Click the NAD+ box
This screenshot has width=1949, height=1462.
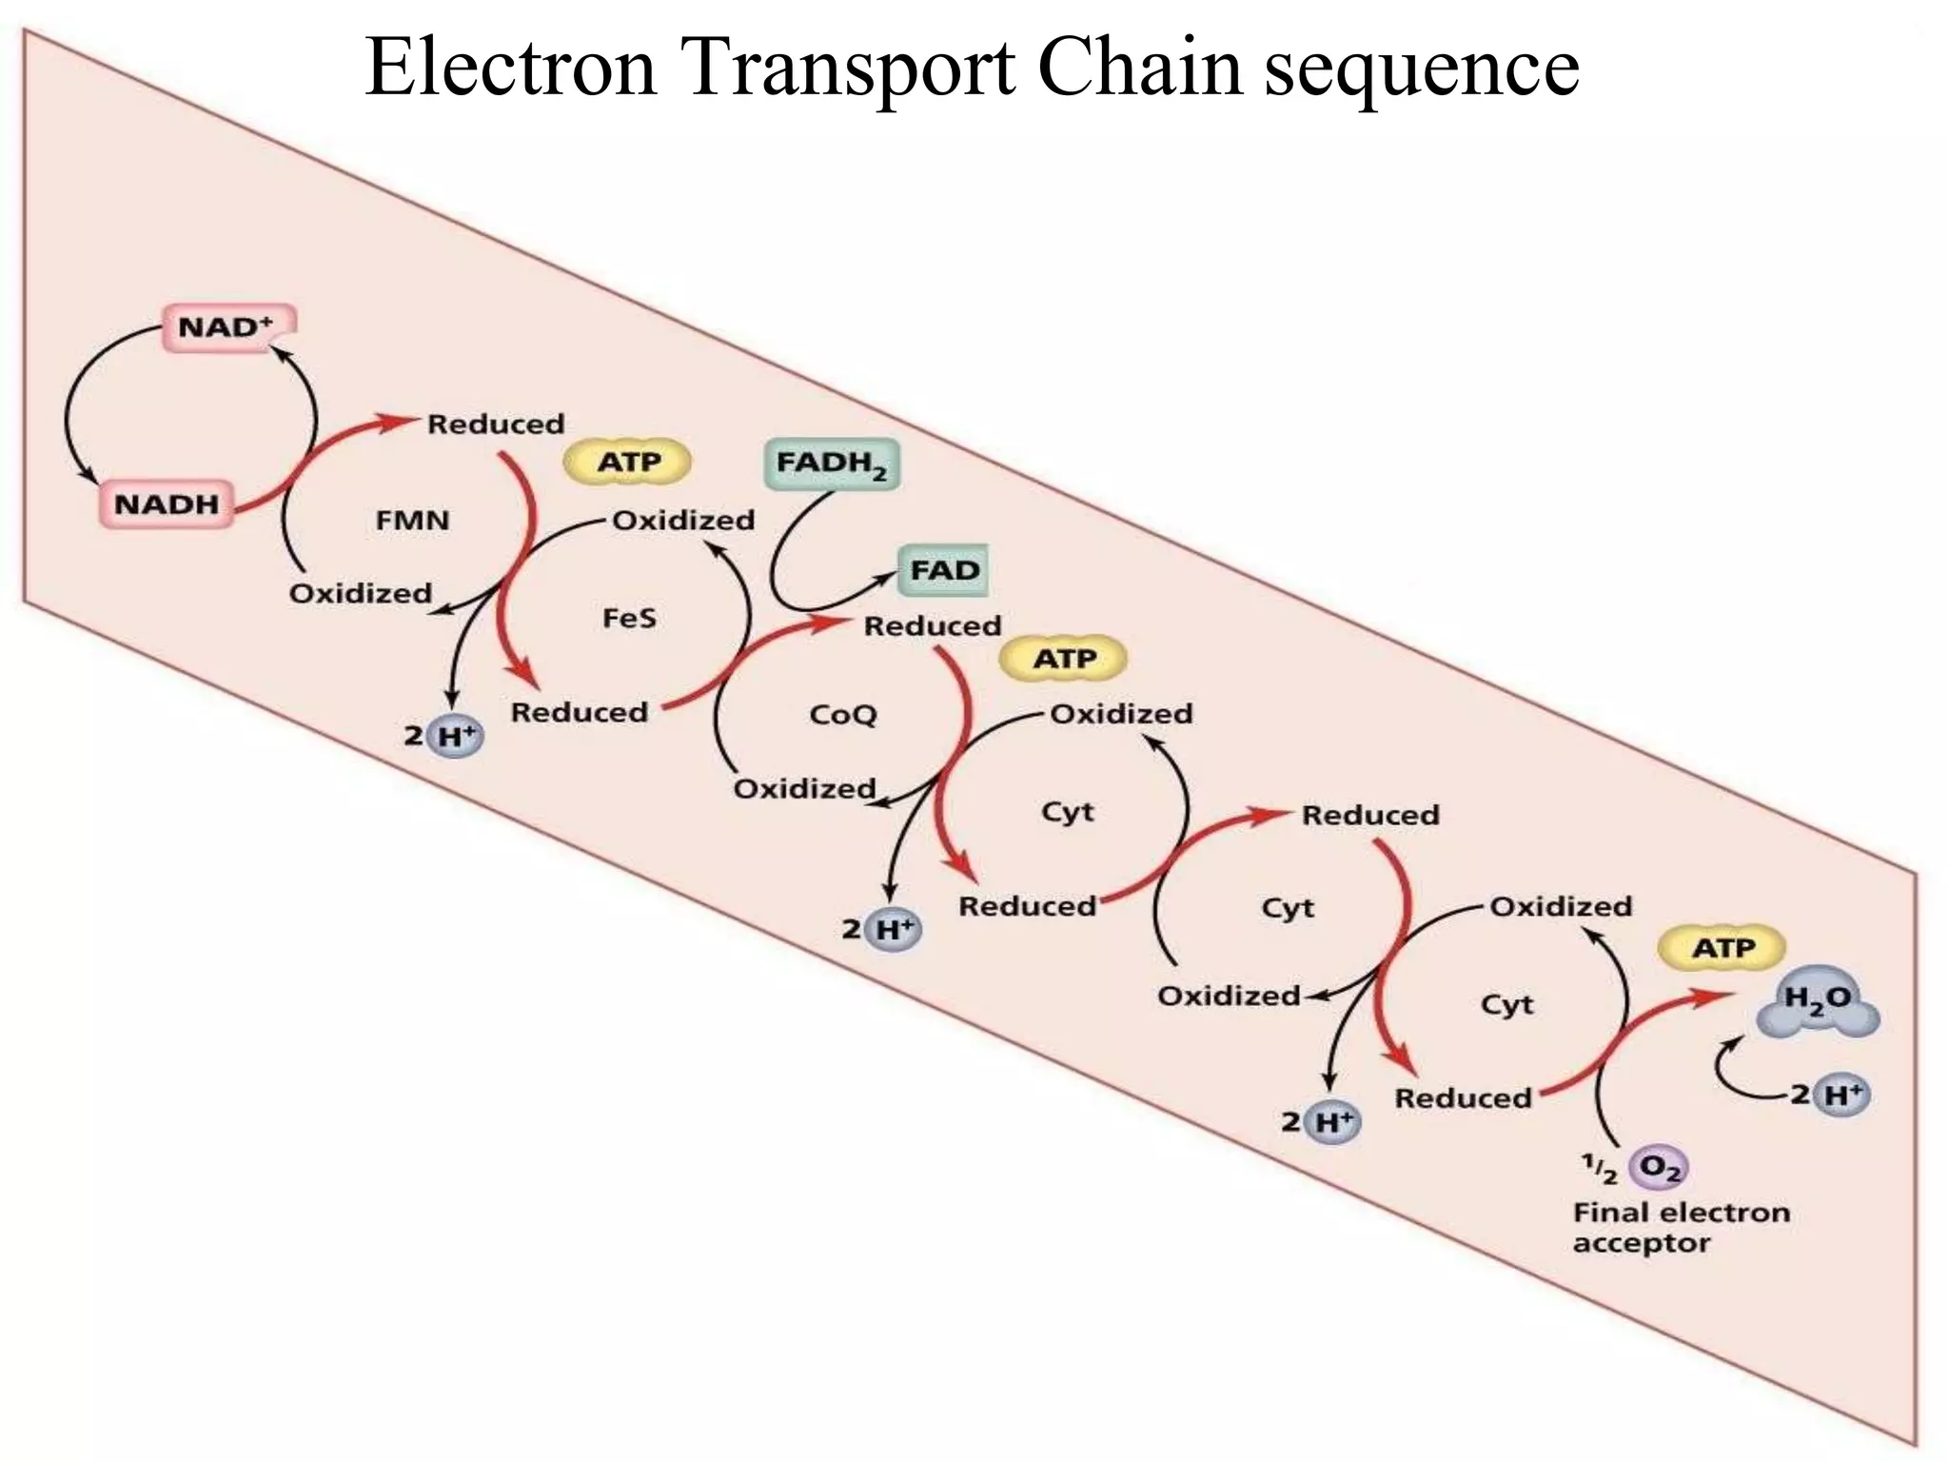228,327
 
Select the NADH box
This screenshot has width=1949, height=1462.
167,504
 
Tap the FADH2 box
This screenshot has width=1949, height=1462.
832,464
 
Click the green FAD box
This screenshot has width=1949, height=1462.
944,570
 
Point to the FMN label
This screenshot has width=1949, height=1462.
412,521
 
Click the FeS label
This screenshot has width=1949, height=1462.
629,619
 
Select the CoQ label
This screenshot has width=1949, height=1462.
842,715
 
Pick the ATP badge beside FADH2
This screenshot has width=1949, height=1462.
628,463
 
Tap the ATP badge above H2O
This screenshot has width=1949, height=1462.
1723,948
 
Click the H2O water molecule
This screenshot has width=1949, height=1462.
1817,1008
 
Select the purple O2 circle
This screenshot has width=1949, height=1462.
1659,1168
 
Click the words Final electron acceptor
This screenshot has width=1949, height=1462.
1680,1228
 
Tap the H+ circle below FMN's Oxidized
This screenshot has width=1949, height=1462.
455,736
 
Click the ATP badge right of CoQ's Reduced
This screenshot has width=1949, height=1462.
1064,659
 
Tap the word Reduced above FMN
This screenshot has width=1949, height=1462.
495,424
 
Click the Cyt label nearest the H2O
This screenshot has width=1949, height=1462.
1506,1004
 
